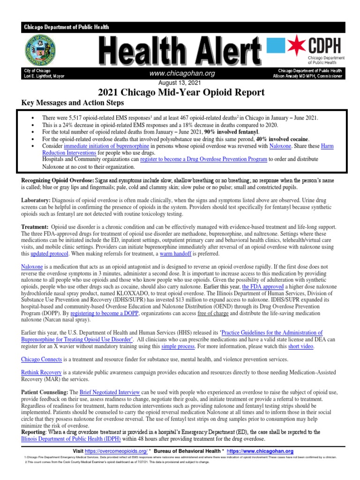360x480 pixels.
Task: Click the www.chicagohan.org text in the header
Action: point(182,74)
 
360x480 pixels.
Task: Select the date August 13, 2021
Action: point(180,82)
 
